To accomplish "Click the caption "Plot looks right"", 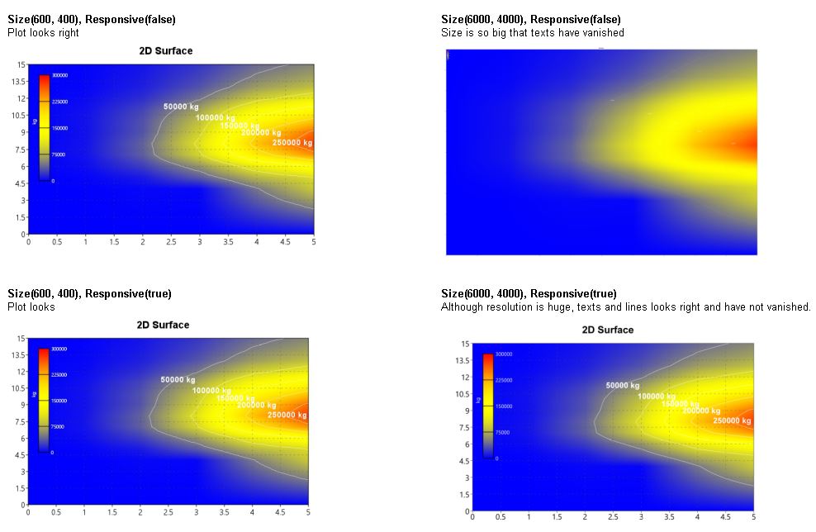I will pos(43,32).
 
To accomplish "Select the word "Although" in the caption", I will pos(461,306).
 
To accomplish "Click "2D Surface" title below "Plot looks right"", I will pos(165,50).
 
